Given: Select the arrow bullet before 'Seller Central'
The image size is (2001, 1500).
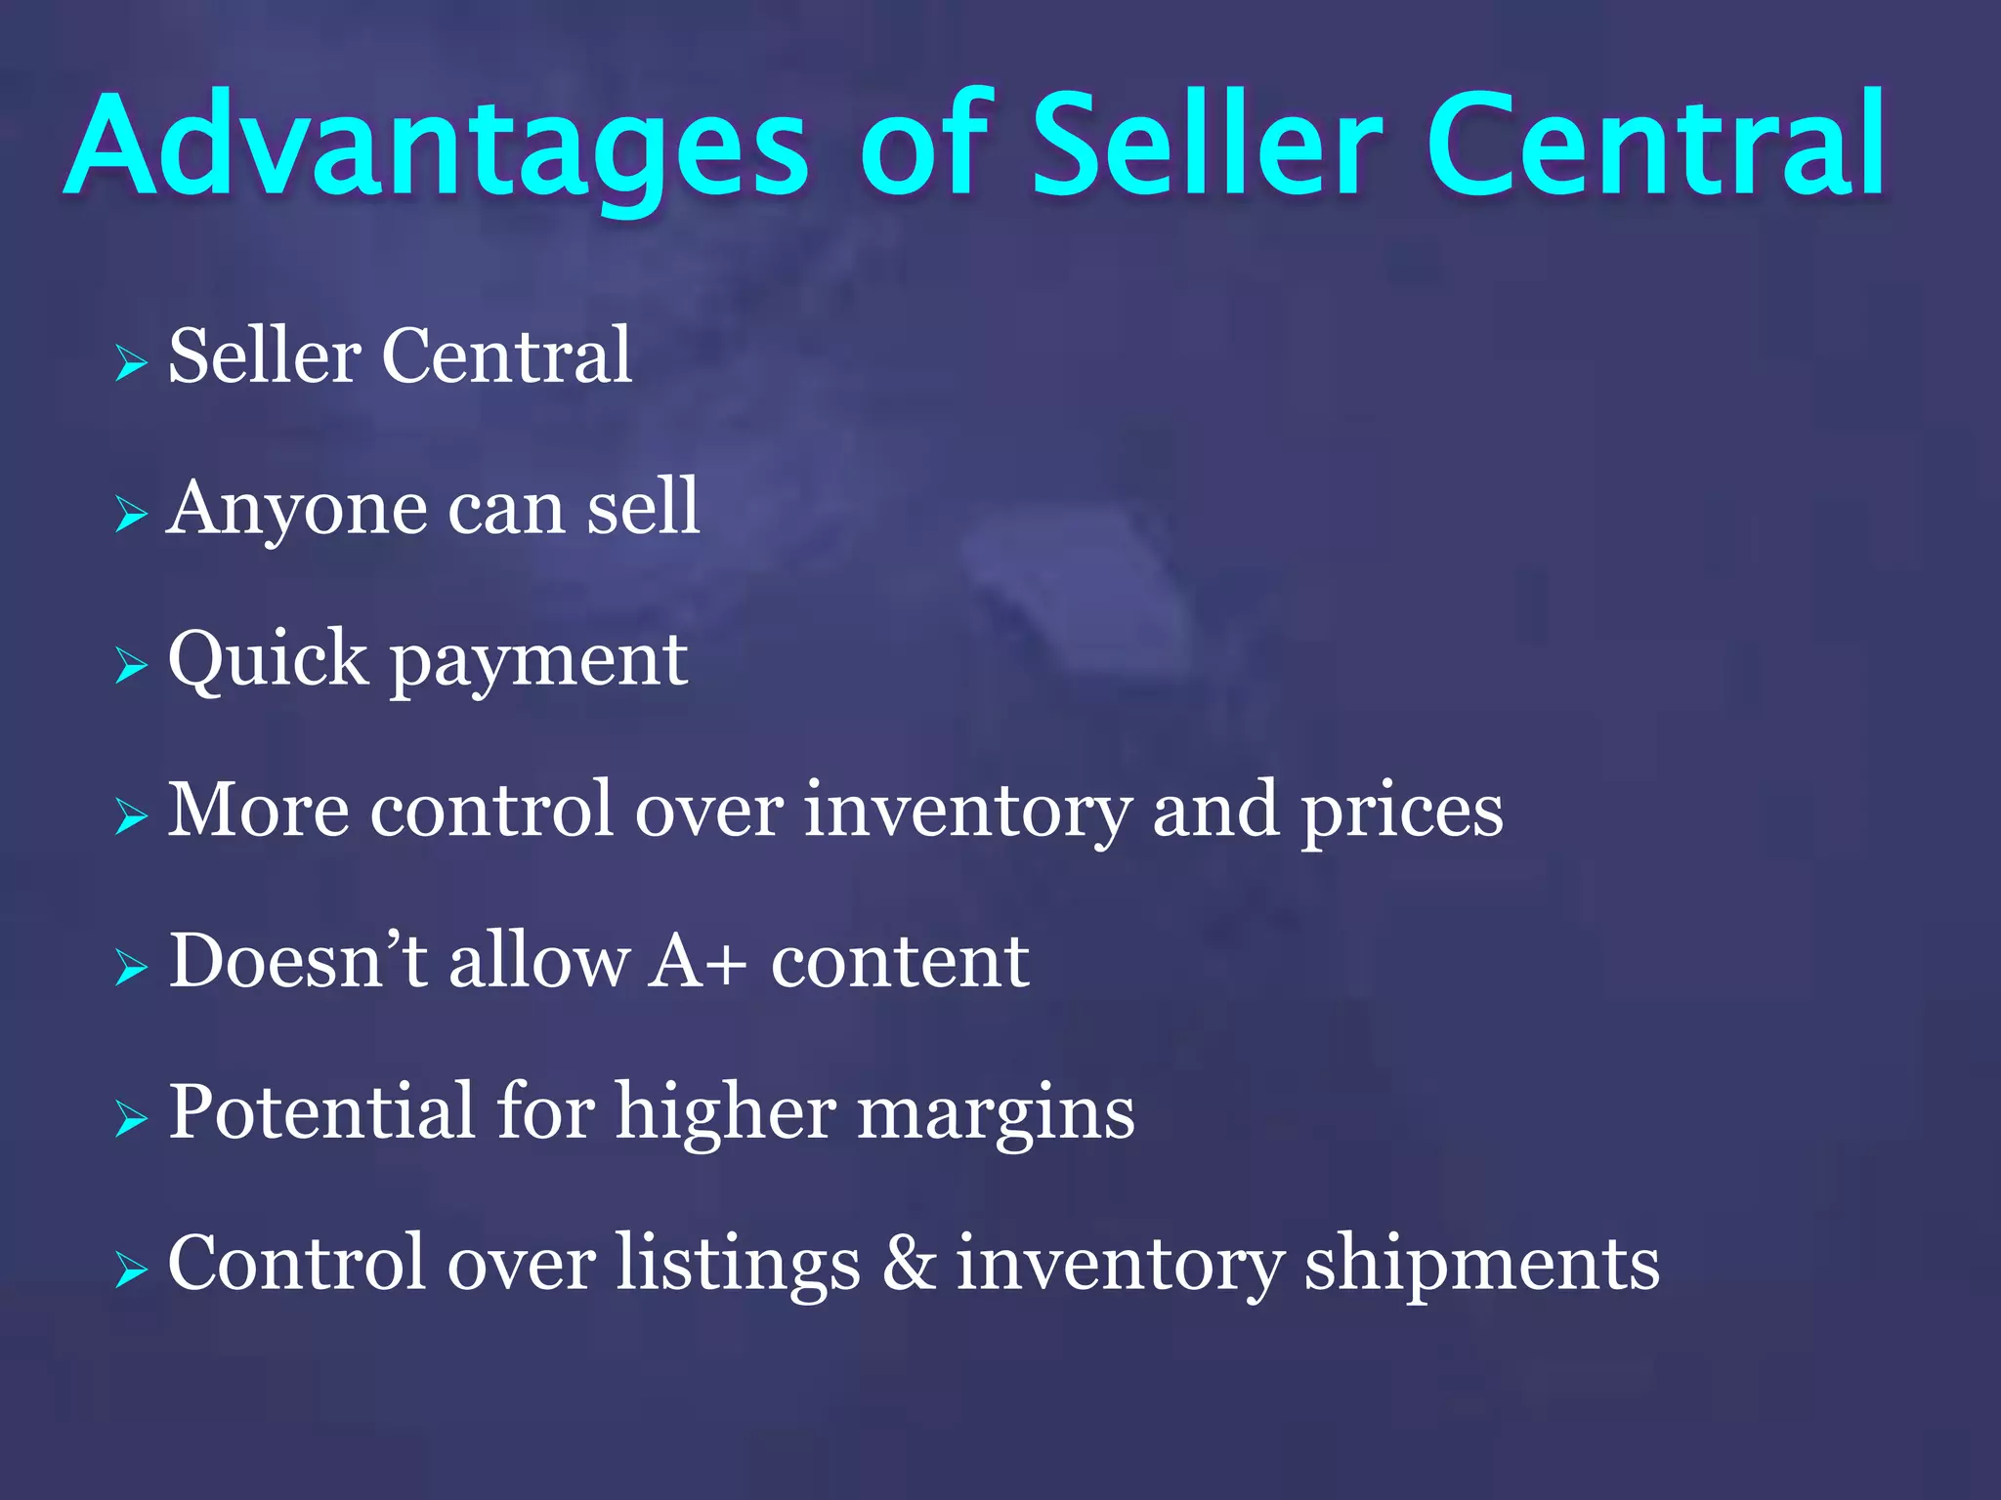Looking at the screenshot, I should pyautogui.click(x=130, y=363).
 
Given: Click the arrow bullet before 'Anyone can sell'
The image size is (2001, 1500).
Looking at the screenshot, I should pyautogui.click(x=130, y=515).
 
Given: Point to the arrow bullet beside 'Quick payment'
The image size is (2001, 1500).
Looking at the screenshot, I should pyautogui.click(x=130, y=666).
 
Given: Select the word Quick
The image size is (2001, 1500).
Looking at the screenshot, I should pyautogui.click(x=267, y=659).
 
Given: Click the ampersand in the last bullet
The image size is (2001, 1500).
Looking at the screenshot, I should pyautogui.click(x=909, y=1264).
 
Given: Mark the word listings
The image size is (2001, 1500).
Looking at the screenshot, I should pyautogui.click(x=738, y=1266).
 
